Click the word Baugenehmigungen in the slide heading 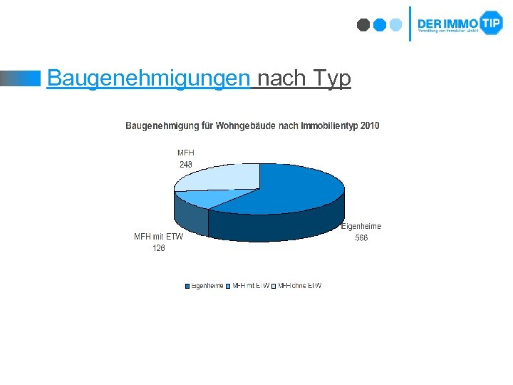tap(148, 78)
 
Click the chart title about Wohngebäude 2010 tap(252, 126)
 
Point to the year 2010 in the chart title tap(370, 126)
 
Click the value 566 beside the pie tap(361, 238)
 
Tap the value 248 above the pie tap(185, 165)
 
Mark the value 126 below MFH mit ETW tap(158, 248)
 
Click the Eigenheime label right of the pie tap(361, 226)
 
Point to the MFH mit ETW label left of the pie tap(158, 237)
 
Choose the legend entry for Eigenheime tap(204, 286)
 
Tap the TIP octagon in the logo tap(491, 23)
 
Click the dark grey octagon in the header tap(363, 25)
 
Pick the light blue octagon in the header tap(396, 25)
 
